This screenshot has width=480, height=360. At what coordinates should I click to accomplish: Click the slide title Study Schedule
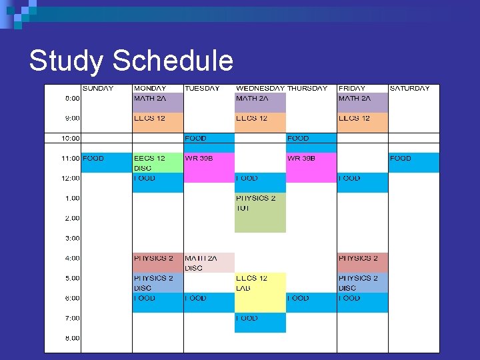(131, 61)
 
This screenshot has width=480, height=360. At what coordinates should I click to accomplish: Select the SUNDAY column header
(97, 88)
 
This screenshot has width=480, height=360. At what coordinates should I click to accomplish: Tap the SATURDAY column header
(409, 88)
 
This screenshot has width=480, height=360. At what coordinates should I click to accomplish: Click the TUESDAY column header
(202, 88)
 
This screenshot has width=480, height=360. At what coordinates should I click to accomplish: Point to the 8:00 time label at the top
(72, 98)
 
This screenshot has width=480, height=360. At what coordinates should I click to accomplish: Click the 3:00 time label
(72, 238)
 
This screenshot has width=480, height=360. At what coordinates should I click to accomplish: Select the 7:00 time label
(72, 318)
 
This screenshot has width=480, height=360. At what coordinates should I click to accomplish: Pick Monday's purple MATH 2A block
(157, 102)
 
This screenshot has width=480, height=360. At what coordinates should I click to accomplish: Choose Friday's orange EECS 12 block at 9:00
(362, 122)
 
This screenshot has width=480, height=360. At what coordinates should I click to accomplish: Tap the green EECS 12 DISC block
(157, 163)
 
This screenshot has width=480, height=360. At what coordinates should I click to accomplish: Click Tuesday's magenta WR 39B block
(209, 167)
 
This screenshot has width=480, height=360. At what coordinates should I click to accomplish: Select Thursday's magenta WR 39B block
(311, 167)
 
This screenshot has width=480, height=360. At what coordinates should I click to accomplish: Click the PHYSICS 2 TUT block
(260, 212)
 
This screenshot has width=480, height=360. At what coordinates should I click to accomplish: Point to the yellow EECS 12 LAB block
(260, 292)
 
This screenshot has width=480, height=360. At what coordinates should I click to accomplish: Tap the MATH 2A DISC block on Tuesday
(209, 263)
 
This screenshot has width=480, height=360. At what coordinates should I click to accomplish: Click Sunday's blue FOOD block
(106, 162)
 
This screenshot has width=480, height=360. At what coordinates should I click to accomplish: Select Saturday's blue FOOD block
(414, 162)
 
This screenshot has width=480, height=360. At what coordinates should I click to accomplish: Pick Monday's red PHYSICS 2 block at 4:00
(157, 262)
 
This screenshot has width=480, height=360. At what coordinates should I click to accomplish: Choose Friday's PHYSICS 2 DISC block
(362, 283)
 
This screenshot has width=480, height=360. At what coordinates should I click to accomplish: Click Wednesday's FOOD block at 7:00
(260, 322)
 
